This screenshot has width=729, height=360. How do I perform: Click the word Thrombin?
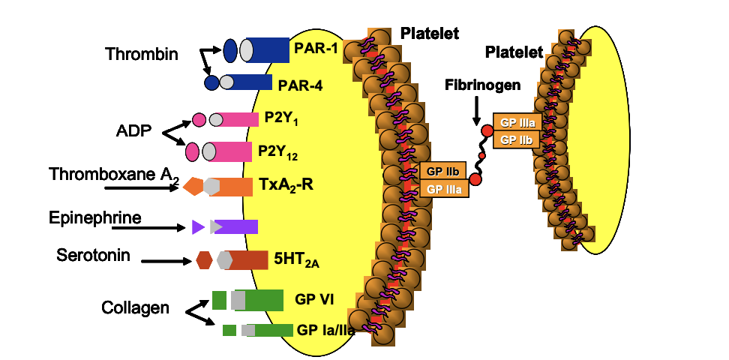(x=142, y=54)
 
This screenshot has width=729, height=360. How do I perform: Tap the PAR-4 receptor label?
(x=300, y=85)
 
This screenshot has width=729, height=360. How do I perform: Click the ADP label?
(x=134, y=131)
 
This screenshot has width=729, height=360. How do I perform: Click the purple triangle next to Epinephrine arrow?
(x=198, y=226)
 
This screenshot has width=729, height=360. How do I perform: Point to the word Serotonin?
(x=94, y=255)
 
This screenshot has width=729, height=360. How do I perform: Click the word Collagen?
(x=135, y=307)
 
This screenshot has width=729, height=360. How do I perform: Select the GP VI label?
(x=314, y=299)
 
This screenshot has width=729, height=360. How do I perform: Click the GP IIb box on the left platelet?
(x=443, y=171)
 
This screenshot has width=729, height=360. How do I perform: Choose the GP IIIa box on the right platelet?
(x=516, y=123)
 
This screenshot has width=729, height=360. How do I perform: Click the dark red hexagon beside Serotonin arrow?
(x=204, y=260)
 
